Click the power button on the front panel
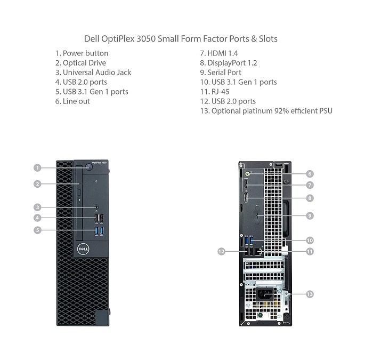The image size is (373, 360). (89, 166)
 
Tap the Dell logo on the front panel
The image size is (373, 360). (83, 249)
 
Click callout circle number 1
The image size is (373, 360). (37, 168)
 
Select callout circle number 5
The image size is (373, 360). (37, 230)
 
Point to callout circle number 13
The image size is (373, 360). (310, 294)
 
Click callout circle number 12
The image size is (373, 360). (221, 251)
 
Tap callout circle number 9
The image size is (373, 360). (310, 215)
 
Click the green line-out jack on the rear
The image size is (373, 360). (248, 173)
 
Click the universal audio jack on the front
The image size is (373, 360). (96, 207)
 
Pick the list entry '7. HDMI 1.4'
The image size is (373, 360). (219, 53)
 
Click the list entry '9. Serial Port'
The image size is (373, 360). (221, 73)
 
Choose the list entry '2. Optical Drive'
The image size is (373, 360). (80, 63)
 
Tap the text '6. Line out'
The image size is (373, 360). (72, 101)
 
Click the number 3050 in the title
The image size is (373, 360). (146, 38)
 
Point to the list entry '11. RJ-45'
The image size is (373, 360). (215, 92)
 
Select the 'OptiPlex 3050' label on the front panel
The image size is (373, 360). (99, 163)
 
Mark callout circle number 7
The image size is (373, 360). (310, 185)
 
